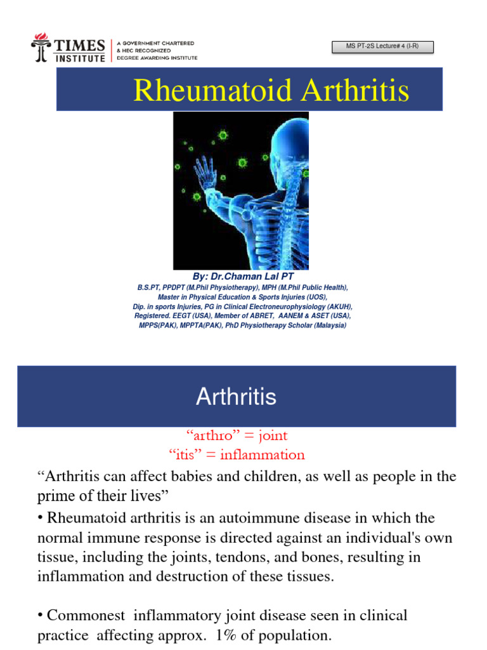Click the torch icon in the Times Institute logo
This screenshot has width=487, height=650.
tap(39, 48)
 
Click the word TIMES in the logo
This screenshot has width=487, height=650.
tap(79, 45)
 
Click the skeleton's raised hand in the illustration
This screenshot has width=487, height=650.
tap(204, 169)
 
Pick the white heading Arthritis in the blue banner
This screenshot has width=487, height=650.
tap(236, 397)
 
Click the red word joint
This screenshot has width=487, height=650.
tap(269, 435)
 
